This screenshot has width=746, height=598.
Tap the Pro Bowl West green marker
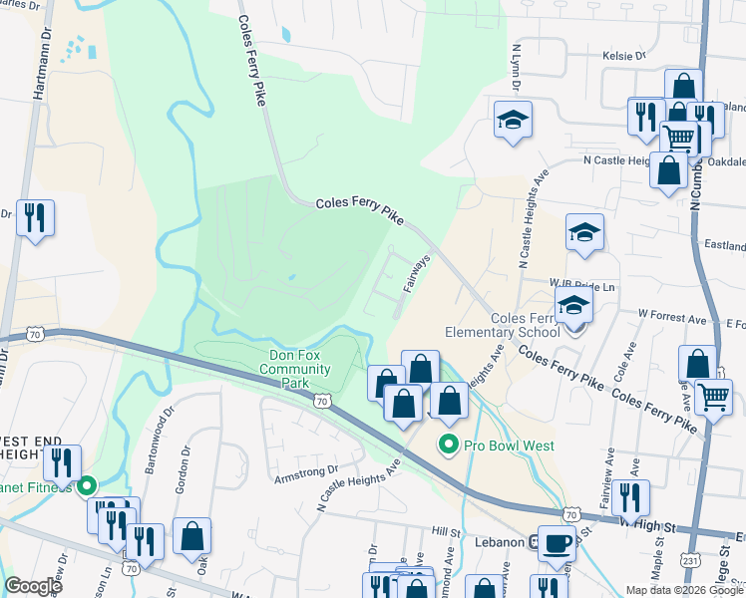point(449,446)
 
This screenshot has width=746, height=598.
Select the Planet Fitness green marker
point(86,486)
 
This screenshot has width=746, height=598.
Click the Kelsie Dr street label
point(624,56)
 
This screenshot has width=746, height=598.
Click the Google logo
point(33,586)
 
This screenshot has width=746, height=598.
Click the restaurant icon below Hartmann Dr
point(36,216)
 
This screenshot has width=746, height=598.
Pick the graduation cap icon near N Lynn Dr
point(513,120)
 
